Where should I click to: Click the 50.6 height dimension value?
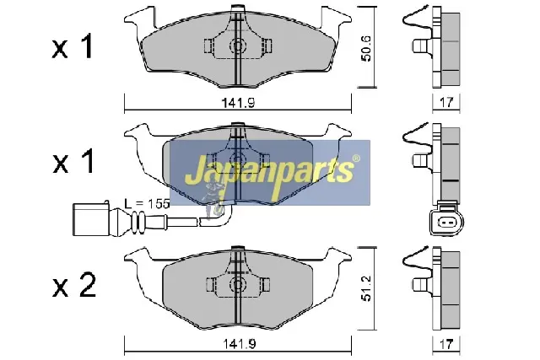coord(367,48)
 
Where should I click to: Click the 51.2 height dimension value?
coord(367,288)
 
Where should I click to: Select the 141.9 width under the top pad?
coord(238,103)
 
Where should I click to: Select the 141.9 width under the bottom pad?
coord(239,344)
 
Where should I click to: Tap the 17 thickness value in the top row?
coord(446,102)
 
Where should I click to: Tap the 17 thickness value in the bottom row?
coord(446,344)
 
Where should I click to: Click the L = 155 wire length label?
coord(147,204)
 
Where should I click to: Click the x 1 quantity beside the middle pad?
coord(73,161)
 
